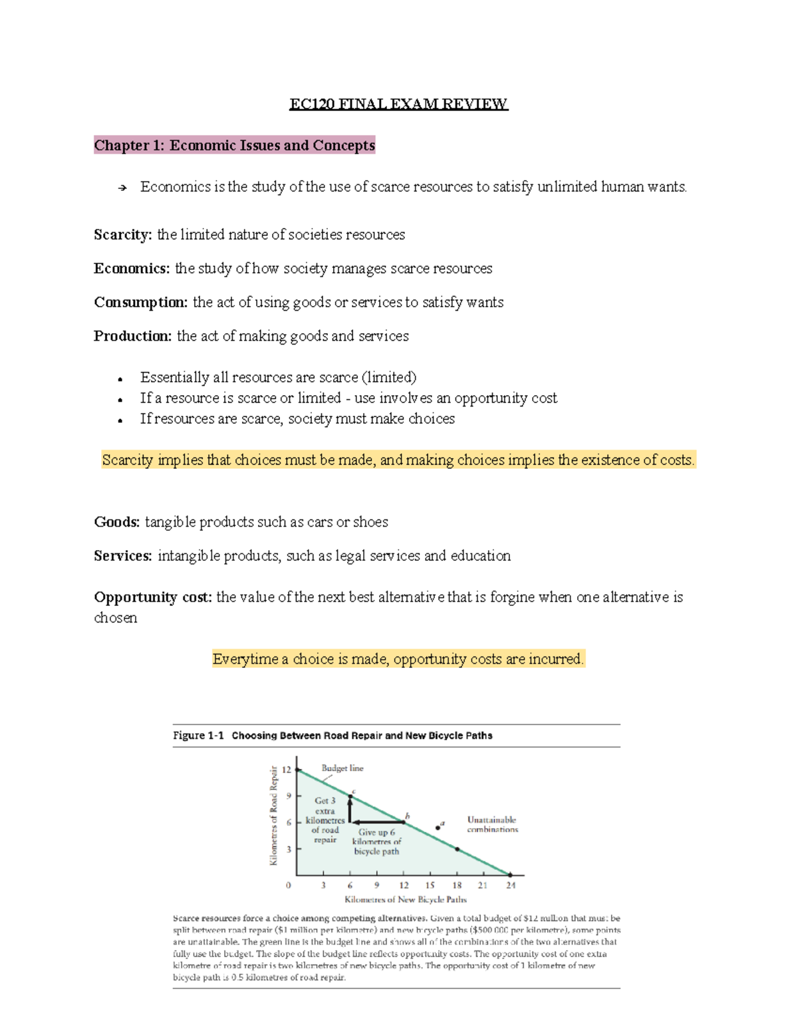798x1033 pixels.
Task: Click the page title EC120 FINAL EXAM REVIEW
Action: [x=398, y=104]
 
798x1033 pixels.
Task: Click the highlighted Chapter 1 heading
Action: [x=234, y=145]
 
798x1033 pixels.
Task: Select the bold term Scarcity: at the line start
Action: [x=123, y=234]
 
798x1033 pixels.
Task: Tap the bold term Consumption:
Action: [x=141, y=302]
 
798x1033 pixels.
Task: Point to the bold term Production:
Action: [x=133, y=336]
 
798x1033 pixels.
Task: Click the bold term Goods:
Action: [x=117, y=521]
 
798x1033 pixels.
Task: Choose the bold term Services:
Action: [x=123, y=555]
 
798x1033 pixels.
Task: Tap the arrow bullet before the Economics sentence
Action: [x=122, y=188]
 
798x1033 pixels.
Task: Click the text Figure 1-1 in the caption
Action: [x=198, y=735]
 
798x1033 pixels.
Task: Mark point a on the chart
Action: [x=438, y=828]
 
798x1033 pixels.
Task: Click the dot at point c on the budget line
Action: [x=350, y=796]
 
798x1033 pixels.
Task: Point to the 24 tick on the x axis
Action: [x=510, y=885]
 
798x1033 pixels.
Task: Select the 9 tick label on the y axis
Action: [x=289, y=796]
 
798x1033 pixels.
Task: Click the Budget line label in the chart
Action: [x=342, y=768]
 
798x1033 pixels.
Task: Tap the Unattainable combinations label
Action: [x=492, y=825]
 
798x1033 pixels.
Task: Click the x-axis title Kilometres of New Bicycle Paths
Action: [x=406, y=899]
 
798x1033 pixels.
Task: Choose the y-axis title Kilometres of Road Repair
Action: [x=273, y=815]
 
